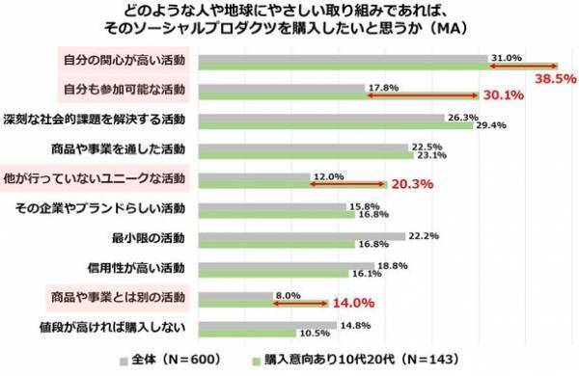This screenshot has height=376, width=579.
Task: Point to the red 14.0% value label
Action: (354, 302)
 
